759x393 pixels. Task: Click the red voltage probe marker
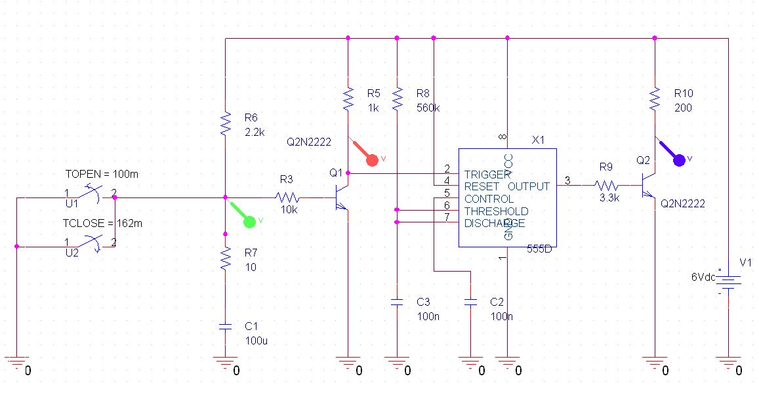point(372,159)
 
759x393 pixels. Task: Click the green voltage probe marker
point(249,221)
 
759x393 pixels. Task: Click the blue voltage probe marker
point(678,159)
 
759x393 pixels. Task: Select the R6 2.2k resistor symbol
point(225,123)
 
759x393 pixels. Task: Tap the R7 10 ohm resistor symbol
point(225,259)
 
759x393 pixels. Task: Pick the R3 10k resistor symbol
point(287,197)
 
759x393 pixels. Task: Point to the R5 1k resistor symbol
point(348,100)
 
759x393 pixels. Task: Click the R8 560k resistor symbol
point(397,100)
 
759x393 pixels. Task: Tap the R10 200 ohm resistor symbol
point(654,100)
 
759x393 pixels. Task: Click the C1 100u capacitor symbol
point(225,326)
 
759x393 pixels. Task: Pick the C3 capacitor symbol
point(397,302)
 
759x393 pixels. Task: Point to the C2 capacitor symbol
point(470,302)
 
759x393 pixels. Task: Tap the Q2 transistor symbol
point(648,186)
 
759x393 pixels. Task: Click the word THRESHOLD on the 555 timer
point(496,211)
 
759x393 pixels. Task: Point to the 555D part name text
point(540,249)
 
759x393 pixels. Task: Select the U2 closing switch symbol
point(89,243)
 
